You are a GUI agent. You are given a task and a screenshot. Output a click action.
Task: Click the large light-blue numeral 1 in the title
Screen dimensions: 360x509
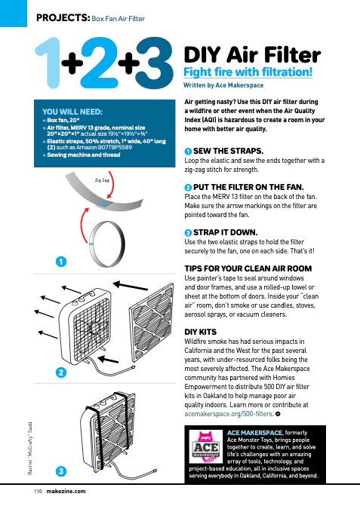[x=49, y=63]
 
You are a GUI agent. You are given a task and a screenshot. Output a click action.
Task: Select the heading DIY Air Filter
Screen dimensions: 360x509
[x=252, y=54]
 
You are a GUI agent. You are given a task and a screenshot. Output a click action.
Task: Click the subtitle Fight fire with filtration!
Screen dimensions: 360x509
[x=248, y=72]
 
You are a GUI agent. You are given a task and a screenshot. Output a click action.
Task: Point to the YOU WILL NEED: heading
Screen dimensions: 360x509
[x=72, y=112]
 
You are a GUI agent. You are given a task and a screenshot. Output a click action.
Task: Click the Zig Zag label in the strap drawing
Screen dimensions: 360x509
[x=102, y=179]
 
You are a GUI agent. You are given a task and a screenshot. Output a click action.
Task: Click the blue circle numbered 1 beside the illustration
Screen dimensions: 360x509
[x=61, y=262]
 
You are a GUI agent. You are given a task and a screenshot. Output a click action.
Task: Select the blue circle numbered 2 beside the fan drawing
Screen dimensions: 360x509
[x=61, y=373]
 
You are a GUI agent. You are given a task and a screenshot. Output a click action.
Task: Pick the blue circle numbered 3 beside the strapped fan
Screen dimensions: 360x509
[x=61, y=471]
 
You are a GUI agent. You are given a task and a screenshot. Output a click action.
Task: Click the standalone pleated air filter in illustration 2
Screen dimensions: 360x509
[x=152, y=323]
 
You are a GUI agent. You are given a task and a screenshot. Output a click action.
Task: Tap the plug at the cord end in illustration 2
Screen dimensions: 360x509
[x=133, y=367]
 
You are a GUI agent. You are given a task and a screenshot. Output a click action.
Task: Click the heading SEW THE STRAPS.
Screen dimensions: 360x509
[x=228, y=151]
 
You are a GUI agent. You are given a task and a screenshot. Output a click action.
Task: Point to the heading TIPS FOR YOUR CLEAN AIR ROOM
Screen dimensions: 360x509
[x=248, y=268]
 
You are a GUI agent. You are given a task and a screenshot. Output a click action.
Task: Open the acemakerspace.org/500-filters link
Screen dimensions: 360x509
[x=228, y=414]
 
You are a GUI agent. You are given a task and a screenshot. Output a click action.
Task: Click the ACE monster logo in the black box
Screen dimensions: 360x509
[x=206, y=446]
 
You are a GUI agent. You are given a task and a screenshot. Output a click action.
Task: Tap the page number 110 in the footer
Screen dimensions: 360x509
[x=38, y=491]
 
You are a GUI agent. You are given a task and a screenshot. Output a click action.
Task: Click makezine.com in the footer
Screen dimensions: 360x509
[x=66, y=491]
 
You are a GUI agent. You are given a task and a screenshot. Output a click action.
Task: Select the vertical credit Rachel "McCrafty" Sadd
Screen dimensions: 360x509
[x=30, y=448]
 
